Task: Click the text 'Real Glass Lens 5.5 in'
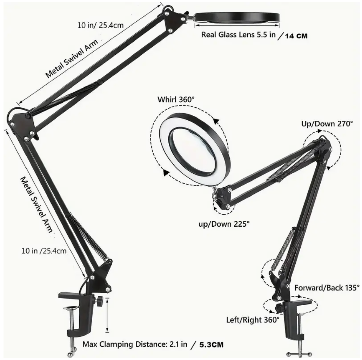tap(238, 35)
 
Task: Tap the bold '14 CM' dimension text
tap(296, 36)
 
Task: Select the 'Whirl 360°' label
tap(176, 100)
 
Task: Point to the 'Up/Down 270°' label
tap(327, 124)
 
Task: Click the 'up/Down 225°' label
tap(224, 224)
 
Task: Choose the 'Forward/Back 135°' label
tap(327, 288)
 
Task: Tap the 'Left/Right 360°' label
tap(253, 320)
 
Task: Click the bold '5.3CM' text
tap(212, 345)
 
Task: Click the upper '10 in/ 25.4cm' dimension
tap(100, 25)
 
